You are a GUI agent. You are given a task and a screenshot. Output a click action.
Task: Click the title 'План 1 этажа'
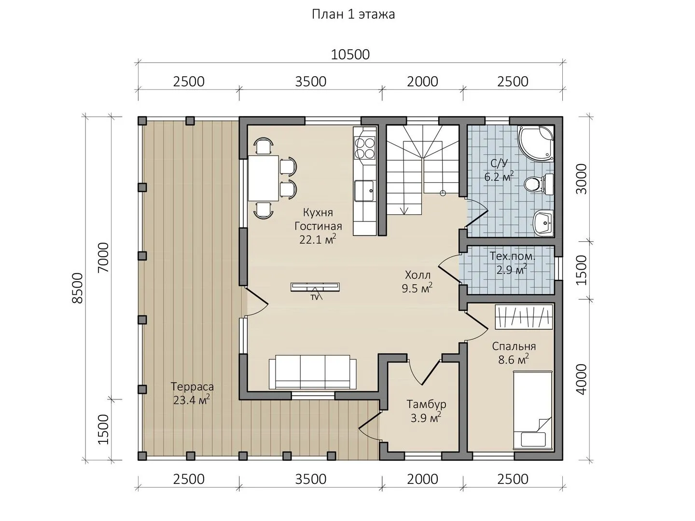pos(353,14)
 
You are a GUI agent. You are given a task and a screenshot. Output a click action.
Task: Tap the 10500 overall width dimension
pos(350,55)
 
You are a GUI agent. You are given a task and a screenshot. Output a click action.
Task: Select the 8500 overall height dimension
pos(78,288)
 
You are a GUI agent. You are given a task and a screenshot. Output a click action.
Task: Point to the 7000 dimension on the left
pos(104,258)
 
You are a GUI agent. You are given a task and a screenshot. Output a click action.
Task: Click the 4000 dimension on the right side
pos(581,379)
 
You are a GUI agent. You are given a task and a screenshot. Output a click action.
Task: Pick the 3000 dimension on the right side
pos(581,179)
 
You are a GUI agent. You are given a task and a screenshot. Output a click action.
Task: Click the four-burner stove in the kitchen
pos(365,149)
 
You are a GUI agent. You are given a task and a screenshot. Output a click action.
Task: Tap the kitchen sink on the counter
pos(364,191)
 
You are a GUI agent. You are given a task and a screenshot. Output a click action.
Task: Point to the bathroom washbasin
pos(543,223)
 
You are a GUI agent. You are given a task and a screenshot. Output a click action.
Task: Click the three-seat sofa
pos(313,372)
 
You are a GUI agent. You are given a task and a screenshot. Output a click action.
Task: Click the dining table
pos(264,178)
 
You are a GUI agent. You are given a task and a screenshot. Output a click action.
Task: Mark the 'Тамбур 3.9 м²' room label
pos(426,411)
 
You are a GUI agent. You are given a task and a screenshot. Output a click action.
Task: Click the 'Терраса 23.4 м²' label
pos(192,393)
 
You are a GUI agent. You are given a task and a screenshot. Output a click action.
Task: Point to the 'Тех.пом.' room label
pos(512,256)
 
